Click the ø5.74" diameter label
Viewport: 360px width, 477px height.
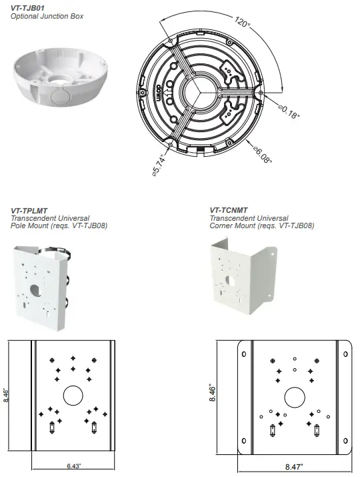tap(158, 165)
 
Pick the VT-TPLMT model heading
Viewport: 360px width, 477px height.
tap(28, 210)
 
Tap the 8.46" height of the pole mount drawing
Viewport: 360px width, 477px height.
tap(7, 396)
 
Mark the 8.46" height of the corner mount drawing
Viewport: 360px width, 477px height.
tap(213, 396)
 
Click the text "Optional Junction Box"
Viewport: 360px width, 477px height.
tap(47, 16)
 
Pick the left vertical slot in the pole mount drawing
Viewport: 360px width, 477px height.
tap(52, 427)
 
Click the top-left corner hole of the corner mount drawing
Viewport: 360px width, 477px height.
tap(243, 354)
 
